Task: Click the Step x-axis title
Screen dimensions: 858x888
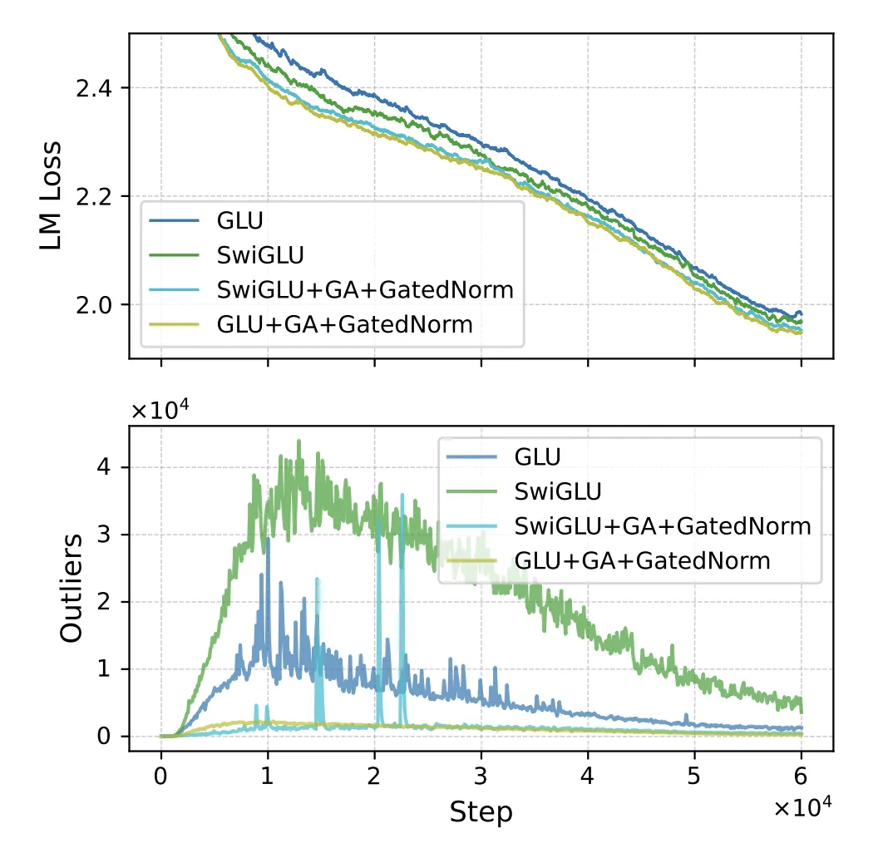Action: click(481, 812)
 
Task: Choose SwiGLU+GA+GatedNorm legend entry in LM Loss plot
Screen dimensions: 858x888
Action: click(366, 289)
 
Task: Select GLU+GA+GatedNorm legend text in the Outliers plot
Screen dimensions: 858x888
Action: click(643, 560)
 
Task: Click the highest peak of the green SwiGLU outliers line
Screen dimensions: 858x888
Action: click(298, 441)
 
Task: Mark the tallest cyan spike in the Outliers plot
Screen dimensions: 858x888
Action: click(402, 495)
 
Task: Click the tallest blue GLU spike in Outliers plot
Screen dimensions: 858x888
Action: click(268, 539)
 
